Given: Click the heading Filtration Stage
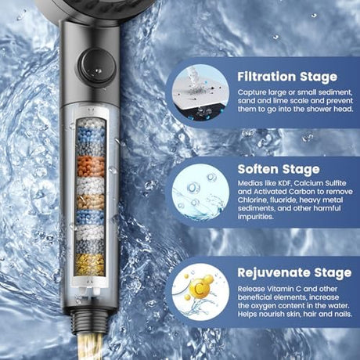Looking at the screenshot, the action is tap(287, 77).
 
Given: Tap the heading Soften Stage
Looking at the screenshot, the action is tap(279, 169).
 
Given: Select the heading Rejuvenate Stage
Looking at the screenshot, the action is tap(294, 273).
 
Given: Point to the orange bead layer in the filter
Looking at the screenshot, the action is tap(91, 167).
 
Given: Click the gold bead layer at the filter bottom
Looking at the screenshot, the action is tap(89, 264).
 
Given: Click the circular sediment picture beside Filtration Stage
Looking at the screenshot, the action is tap(200, 93).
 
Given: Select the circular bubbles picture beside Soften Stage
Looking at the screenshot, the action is tap(200, 192).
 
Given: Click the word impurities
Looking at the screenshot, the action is tap(256, 217).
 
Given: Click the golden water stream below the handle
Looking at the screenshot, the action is tap(90, 347).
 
